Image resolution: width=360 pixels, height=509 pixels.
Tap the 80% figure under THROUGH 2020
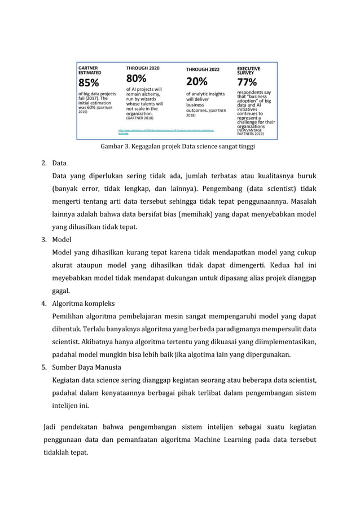[x=136, y=78]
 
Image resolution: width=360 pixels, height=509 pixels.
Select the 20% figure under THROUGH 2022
[x=196, y=81]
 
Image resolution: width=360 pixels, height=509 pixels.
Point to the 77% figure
[x=247, y=82]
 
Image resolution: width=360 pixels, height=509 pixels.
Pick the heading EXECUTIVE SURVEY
[x=249, y=70]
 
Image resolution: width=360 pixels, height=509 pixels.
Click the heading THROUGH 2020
[x=142, y=68]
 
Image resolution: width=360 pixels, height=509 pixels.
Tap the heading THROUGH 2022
[x=204, y=69]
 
